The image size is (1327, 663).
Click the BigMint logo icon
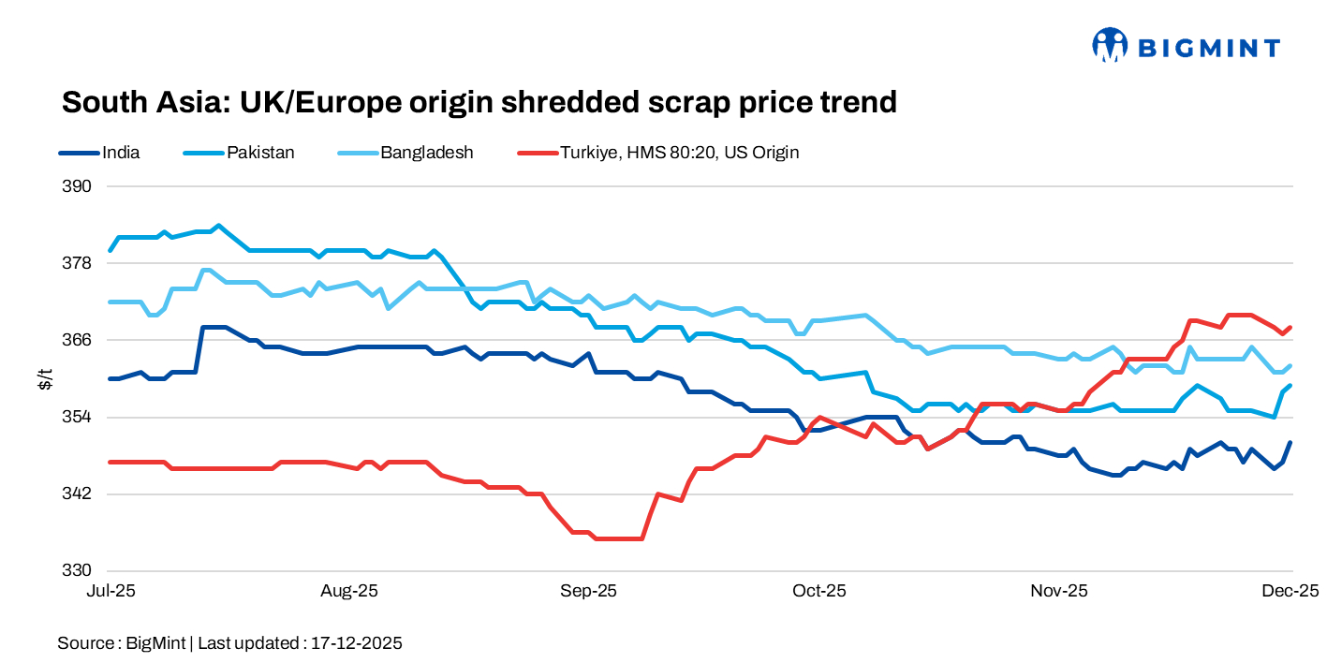point(1110,44)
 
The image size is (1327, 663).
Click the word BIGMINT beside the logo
point(1208,46)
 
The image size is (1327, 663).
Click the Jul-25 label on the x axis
point(111,591)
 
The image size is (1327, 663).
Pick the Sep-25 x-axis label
point(588,591)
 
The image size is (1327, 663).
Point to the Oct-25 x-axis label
point(819,591)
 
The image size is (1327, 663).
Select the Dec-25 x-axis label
point(1292,591)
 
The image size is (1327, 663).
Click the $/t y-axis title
point(45,378)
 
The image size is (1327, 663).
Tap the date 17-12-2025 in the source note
point(356,643)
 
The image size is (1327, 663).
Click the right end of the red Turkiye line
point(1291,328)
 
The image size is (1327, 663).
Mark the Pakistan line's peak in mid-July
point(218,226)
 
